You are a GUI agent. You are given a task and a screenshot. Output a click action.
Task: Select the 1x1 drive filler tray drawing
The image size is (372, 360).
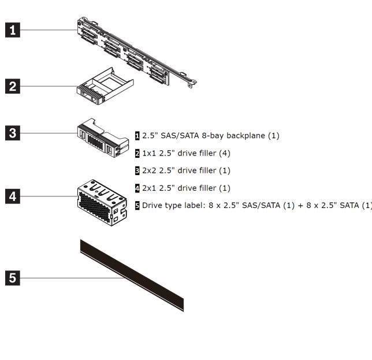tap(104, 87)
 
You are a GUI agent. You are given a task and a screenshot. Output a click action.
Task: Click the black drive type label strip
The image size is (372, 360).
tap(132, 275)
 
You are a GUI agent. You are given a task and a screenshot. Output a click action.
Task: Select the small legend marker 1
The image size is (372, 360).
tap(137, 136)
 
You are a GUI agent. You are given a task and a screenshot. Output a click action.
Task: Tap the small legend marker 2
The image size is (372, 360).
tap(137, 153)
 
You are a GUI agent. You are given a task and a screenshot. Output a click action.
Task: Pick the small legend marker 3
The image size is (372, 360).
tap(137, 170)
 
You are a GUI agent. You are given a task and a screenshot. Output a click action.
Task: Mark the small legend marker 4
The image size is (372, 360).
tap(137, 188)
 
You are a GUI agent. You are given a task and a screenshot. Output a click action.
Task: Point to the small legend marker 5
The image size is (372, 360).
tap(137, 205)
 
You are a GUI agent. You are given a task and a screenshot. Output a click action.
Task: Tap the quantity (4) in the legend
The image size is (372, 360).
tap(224, 153)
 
